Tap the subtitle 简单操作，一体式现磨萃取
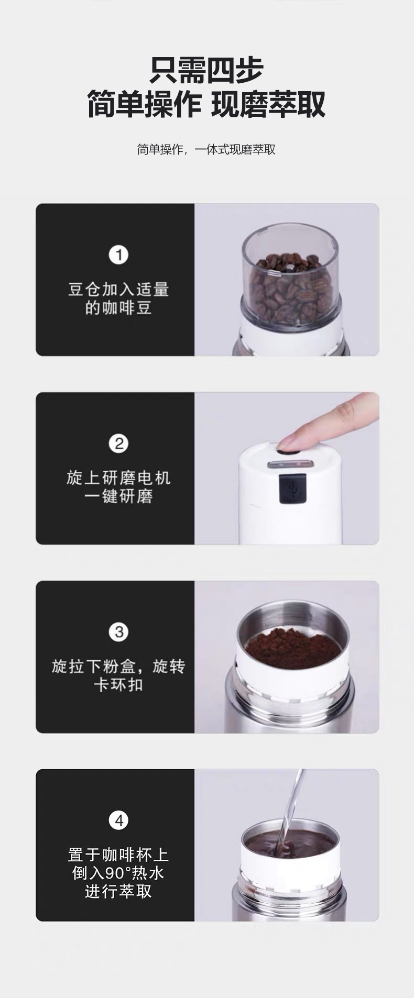[206, 149]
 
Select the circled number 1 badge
[118, 255]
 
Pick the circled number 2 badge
[118, 443]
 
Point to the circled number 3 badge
[118, 632]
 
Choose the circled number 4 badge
[118, 820]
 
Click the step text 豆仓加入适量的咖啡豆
[118, 298]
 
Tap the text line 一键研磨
[118, 496]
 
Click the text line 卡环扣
[118, 684]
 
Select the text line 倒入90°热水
[118, 873]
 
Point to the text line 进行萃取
[118, 891]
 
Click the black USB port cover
[292, 488]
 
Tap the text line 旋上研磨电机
[118, 478]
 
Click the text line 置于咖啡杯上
[118, 855]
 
